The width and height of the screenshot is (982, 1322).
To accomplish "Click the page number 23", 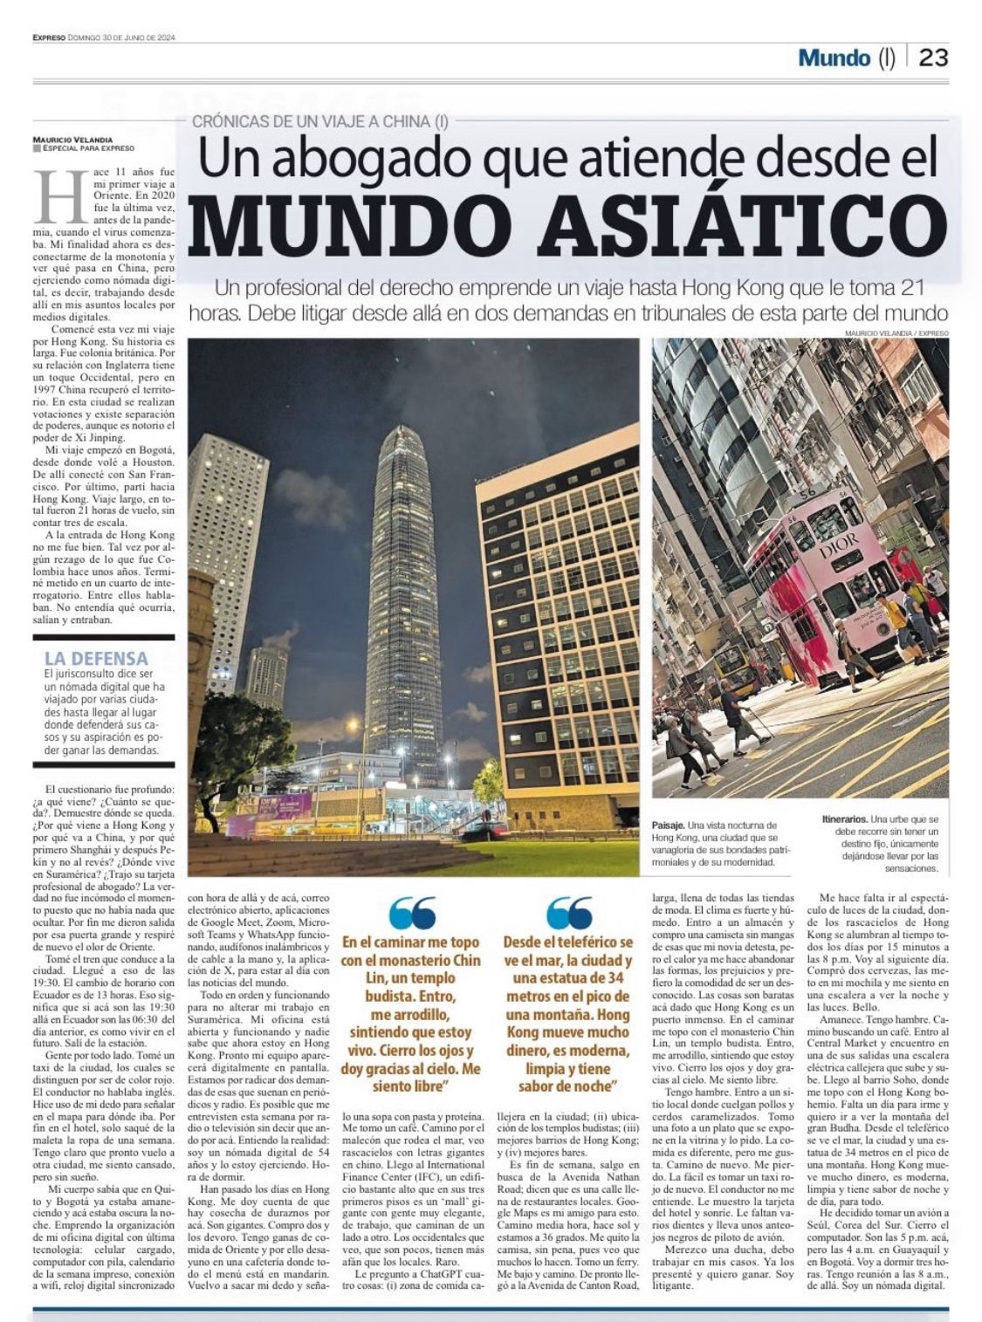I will click(933, 58).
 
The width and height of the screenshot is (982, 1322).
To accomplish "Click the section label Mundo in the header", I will click(834, 58).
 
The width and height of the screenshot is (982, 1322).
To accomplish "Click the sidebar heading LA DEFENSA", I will click(96, 658).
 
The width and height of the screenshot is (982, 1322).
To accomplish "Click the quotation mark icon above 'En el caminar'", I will click(412, 913).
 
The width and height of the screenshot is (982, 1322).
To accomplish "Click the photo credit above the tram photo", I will click(896, 333).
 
